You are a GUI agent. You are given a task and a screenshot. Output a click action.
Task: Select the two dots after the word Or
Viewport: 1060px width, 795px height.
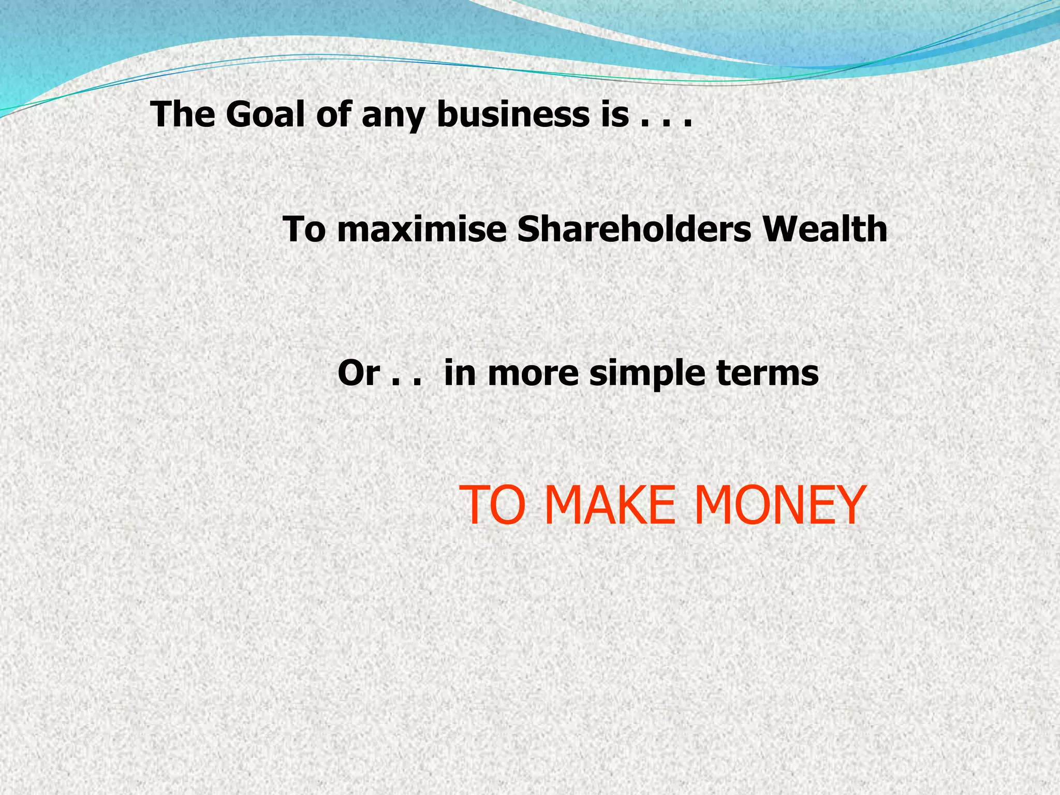point(405,383)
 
